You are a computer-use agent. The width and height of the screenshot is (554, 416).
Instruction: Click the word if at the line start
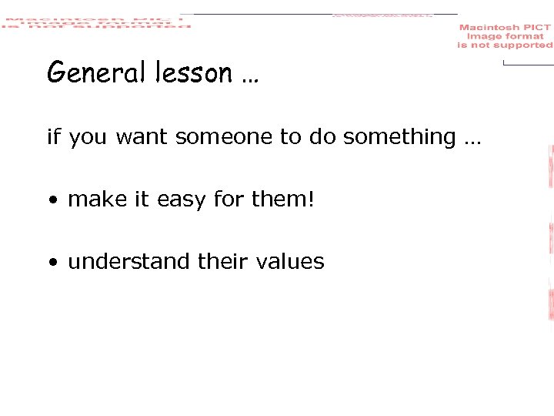(x=53, y=137)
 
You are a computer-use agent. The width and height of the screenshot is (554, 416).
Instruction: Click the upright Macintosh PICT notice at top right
(x=505, y=36)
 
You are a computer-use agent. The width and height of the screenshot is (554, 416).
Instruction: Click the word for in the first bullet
(x=229, y=200)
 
